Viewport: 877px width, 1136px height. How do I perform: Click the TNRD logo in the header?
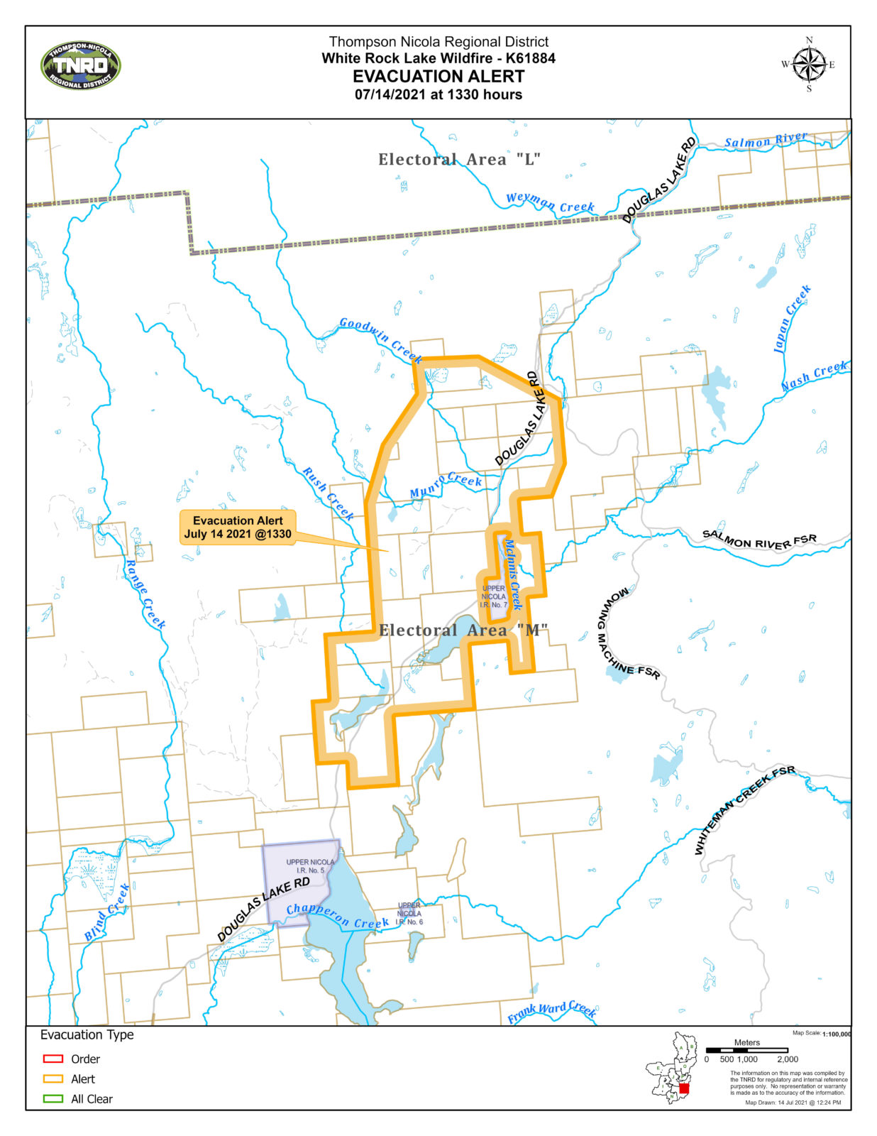tap(81, 66)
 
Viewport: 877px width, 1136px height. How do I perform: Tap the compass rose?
tap(808, 65)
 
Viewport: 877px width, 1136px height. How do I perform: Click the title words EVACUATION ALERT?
tap(438, 77)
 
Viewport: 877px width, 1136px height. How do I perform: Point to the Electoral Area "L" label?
tap(459, 159)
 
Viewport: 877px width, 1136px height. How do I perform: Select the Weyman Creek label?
tap(550, 202)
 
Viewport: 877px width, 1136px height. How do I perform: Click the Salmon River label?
tap(766, 140)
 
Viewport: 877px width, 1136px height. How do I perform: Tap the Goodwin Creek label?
tap(381, 339)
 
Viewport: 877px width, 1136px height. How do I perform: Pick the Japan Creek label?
tap(792, 319)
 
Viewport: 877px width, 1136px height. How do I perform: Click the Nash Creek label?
tap(814, 376)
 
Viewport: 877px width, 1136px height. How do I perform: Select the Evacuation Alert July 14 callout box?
tap(238, 528)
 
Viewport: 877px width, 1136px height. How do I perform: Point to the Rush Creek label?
tap(328, 493)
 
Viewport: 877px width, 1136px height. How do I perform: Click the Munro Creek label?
tap(446, 486)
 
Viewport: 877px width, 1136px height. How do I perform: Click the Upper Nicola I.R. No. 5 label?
tap(310, 866)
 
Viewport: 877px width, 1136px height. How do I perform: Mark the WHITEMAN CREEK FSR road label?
tap(744, 809)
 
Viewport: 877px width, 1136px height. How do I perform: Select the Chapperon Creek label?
tap(337, 916)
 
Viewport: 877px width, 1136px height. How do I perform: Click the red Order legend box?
tap(53, 1059)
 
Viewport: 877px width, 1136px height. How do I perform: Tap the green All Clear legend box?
tap(53, 1098)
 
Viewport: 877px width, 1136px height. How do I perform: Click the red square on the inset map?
tap(684, 1088)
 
